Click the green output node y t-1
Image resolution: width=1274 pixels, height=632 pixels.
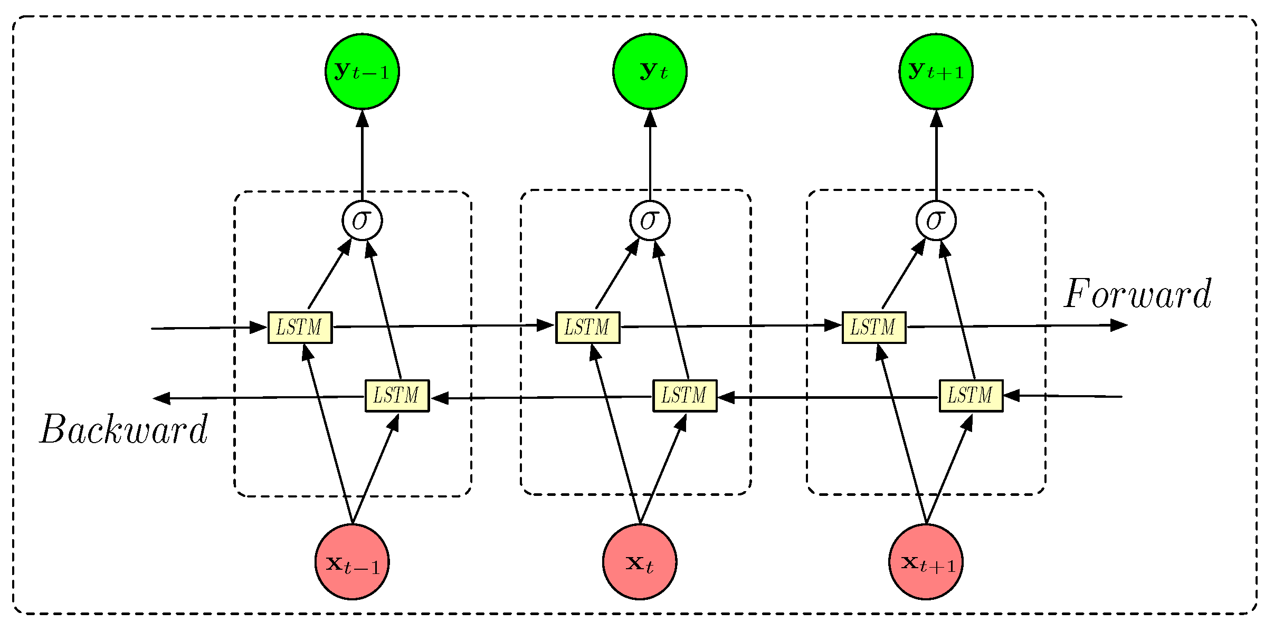tap(362, 71)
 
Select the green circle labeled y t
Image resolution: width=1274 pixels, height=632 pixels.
tap(650, 71)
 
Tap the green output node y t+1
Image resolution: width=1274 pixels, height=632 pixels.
tap(936, 71)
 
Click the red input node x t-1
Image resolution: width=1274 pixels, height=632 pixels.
tap(352, 562)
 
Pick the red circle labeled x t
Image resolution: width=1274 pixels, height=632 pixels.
tap(640, 562)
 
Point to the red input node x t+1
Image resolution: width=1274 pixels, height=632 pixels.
tap(926, 562)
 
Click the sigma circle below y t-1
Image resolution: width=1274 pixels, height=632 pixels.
tap(362, 221)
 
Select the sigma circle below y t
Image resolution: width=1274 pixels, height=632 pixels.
tap(650, 221)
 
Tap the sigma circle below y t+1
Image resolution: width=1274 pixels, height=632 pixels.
tap(936, 221)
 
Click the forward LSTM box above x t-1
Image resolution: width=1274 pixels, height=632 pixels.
tap(300, 328)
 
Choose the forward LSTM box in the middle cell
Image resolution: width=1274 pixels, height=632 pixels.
tap(587, 328)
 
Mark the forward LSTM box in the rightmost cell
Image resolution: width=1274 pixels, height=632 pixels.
tap(874, 328)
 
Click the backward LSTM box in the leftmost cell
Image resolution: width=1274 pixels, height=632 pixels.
tap(397, 396)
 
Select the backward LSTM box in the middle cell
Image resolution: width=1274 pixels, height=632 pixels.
tap(684, 396)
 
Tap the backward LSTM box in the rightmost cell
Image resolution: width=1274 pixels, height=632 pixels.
tap(971, 396)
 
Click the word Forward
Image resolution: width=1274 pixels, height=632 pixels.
tap(1137, 294)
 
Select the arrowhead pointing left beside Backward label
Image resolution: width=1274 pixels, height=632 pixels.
tap(162, 398)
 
